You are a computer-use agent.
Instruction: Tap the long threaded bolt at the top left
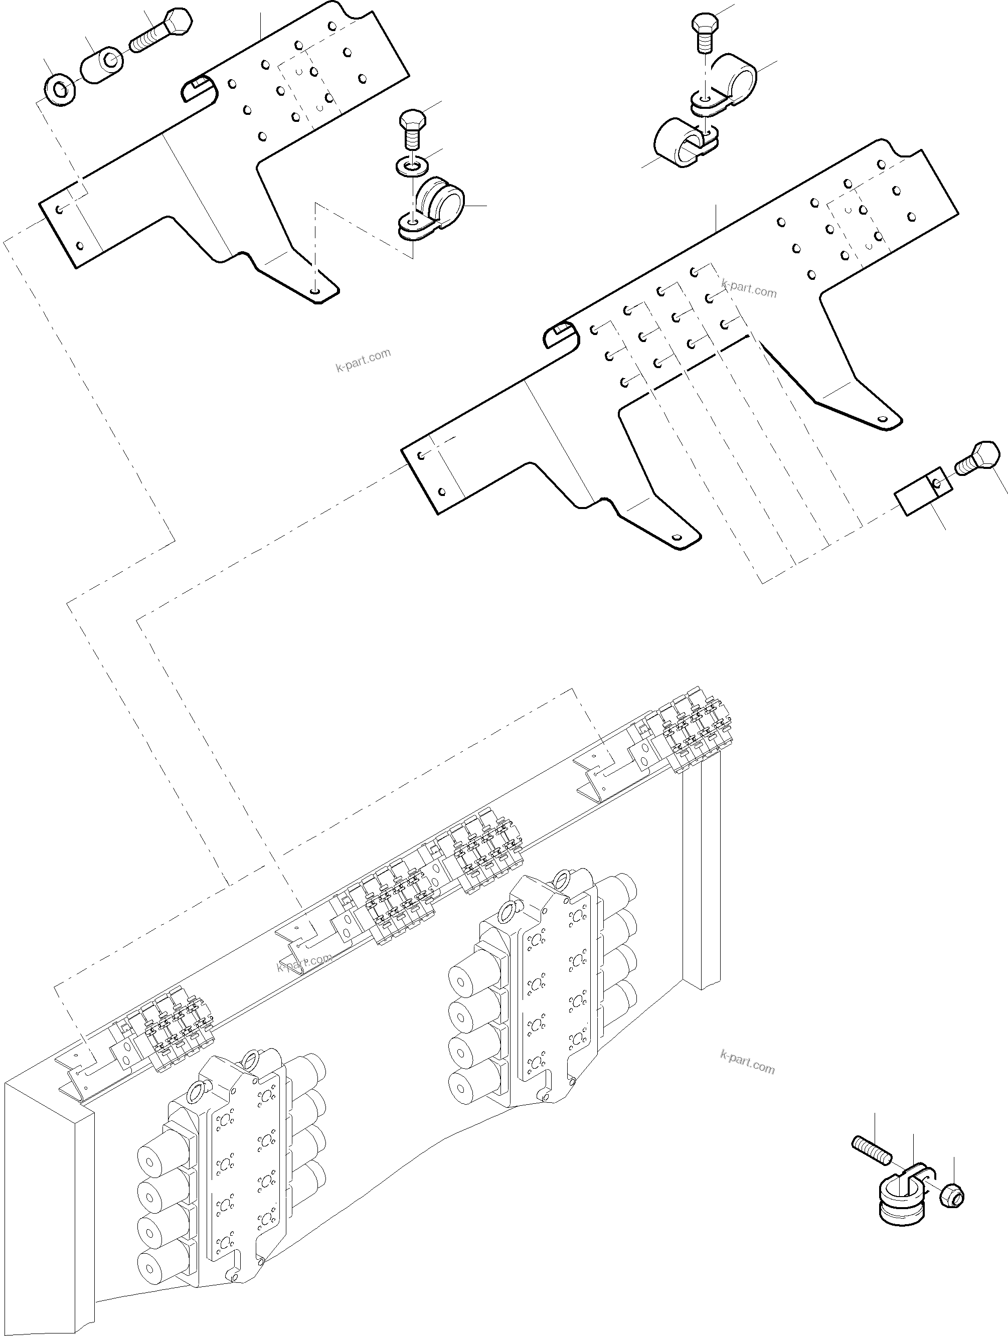coord(160,32)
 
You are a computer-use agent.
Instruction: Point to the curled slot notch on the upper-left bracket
coord(199,89)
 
